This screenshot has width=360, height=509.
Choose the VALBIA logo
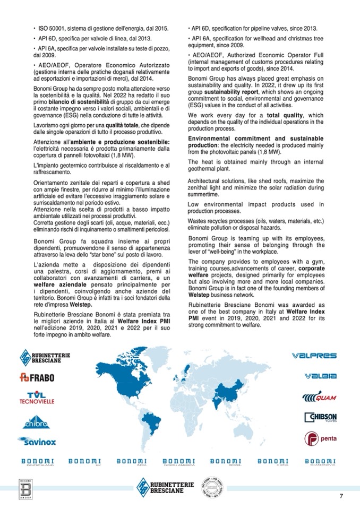point(321,376)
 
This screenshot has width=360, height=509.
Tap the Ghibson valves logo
point(321,418)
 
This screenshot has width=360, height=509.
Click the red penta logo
point(320,439)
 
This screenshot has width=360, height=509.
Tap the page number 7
point(342,496)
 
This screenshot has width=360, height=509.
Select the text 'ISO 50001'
point(48,28)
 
